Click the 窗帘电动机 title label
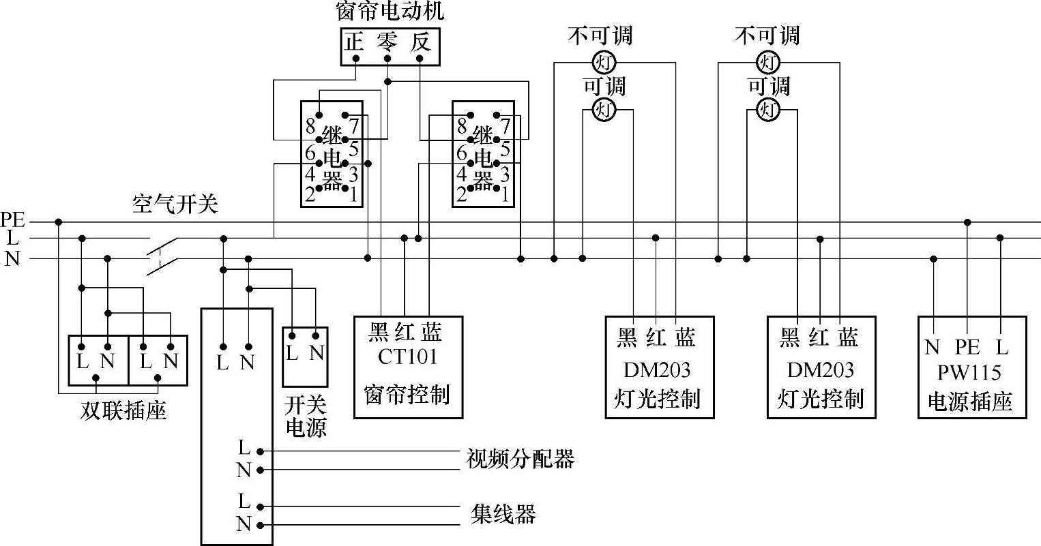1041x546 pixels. tap(390, 12)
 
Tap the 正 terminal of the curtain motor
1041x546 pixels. tap(353, 43)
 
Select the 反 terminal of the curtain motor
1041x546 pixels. tap(421, 43)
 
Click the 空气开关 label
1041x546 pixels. tap(175, 204)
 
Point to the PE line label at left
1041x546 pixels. tap(12, 220)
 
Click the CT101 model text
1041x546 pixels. tap(408, 357)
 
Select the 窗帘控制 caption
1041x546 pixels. tap(407, 395)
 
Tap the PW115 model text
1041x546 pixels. tap(969, 373)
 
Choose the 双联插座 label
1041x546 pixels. tap(123, 411)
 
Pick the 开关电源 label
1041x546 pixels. tap(305, 416)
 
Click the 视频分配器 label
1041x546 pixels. tap(520, 459)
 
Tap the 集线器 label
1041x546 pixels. tap(503, 513)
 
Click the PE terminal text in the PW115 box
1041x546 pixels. tap(967, 348)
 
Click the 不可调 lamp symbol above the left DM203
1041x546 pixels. tap(603, 63)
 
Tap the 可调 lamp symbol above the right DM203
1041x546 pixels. tap(769, 109)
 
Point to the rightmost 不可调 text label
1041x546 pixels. tap(767, 35)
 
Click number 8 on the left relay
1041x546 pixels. tap(310, 126)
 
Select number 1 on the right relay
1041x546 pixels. tap(505, 196)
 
